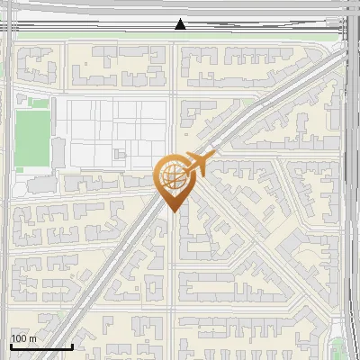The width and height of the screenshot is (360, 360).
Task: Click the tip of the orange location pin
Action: [173, 211]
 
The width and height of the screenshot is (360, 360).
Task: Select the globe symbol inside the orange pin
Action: [173, 176]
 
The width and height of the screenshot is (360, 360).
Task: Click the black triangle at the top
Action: [180, 24]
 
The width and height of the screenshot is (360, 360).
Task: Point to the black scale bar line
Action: [41, 346]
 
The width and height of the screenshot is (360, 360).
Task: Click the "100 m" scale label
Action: [24, 338]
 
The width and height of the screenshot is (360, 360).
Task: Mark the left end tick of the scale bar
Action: [11, 345]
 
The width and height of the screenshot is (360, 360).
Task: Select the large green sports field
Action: [31, 139]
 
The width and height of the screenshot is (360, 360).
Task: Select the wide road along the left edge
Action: [5, 225]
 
